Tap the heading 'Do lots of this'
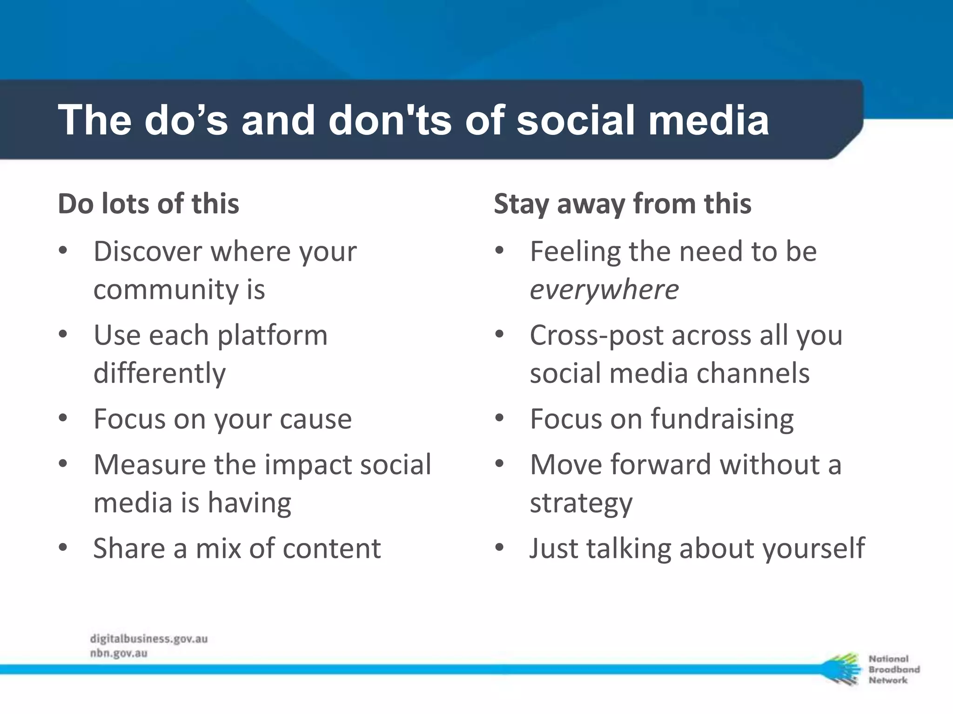click(x=148, y=204)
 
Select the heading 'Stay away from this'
click(x=622, y=204)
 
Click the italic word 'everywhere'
click(x=604, y=290)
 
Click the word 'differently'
click(x=160, y=373)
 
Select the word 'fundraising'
click(x=722, y=419)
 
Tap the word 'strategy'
click(x=581, y=503)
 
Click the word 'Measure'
click(x=149, y=464)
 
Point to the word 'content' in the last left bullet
click(x=332, y=549)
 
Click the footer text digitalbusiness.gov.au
click(x=149, y=639)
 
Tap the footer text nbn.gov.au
click(x=119, y=653)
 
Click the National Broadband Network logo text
click(x=893, y=669)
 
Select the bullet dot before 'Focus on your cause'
click(x=63, y=418)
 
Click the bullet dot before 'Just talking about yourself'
click(x=499, y=547)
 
